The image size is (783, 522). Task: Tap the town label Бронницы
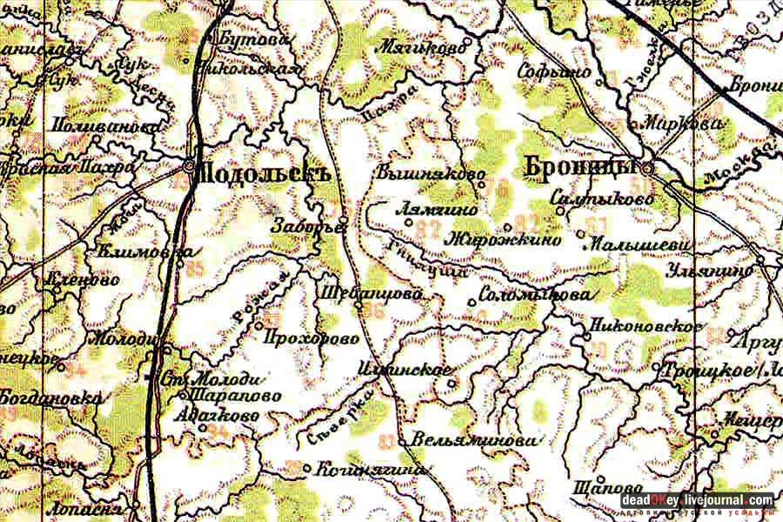coord(579,165)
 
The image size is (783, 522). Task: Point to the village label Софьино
coord(554,73)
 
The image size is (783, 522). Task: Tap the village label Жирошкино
coord(504,241)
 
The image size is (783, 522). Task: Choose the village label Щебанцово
coord(371,294)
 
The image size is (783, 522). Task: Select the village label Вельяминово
coord(471,440)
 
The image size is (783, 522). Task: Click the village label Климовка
coord(149,254)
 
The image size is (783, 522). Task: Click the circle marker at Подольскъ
coord(190,165)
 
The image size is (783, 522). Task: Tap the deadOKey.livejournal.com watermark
coord(697,500)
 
